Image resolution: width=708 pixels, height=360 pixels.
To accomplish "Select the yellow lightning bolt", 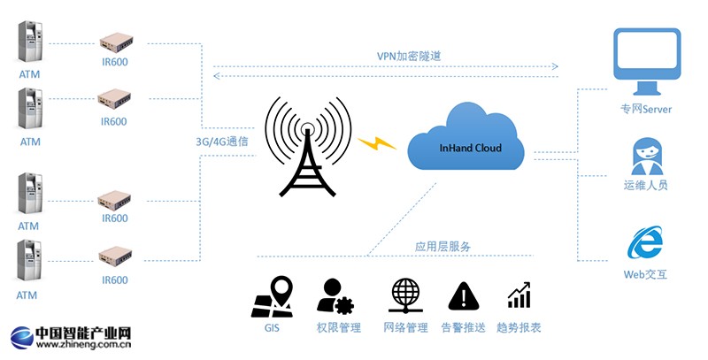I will pos(378,142).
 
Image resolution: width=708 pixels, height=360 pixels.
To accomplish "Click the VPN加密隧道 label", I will pos(408,57).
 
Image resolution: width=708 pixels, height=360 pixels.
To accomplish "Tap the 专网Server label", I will pos(646,110).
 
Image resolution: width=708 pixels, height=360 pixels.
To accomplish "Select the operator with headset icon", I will pos(646,157).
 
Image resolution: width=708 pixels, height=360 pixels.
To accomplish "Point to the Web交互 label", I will pos(645,275).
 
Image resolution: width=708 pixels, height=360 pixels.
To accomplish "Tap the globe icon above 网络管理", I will pos(405,295).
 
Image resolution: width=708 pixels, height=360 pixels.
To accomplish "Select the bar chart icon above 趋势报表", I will pos(519,296).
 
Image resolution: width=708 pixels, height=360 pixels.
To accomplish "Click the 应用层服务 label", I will pos(442,247).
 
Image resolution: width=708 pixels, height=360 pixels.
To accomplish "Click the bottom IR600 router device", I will pos(114,256).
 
